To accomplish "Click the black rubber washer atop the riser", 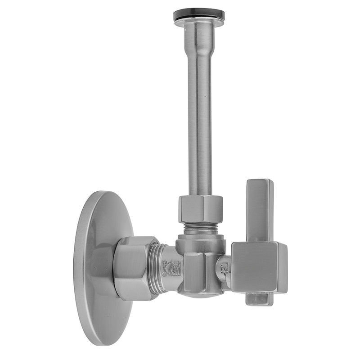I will pos(199,14).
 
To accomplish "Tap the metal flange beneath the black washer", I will pos(199,22).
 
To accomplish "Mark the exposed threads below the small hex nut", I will pos(200,229).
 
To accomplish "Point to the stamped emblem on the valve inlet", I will pos(174,268).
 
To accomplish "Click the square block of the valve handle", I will pos(256,268).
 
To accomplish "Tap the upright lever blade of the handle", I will pos(260,209).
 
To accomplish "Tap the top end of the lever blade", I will pos(260,183).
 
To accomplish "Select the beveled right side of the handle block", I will pos(282,268).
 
